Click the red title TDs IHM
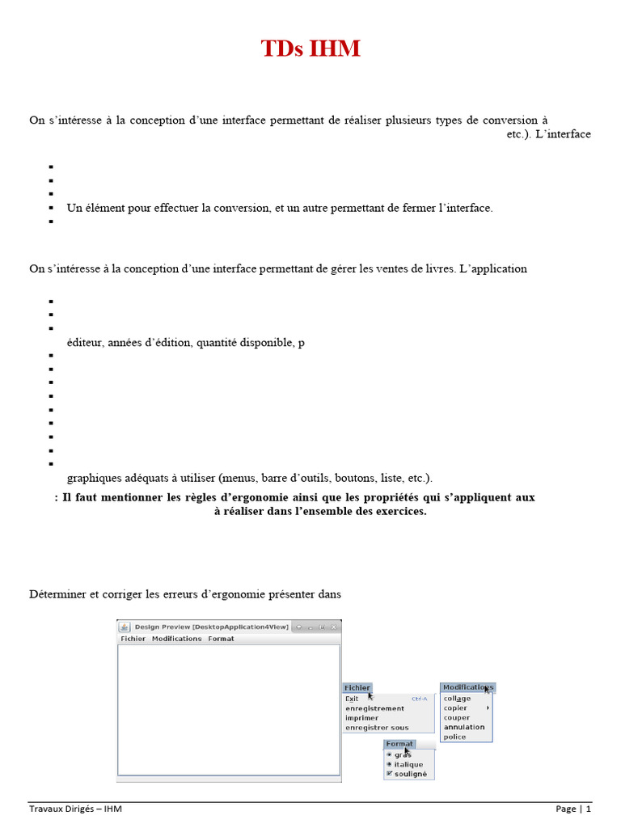coord(310,49)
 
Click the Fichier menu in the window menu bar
coord(133,639)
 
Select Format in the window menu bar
coord(221,639)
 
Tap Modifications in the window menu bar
coord(176,639)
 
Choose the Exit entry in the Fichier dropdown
coord(352,699)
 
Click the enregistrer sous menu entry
coord(377,728)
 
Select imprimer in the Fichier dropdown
coord(361,718)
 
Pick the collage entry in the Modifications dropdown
coord(457,699)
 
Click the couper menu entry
coord(456,717)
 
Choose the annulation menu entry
coord(464,727)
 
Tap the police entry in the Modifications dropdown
coord(454,737)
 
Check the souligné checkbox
coord(390,774)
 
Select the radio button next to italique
coord(390,764)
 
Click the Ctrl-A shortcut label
coord(419,699)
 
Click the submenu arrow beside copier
coord(488,708)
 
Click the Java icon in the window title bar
coord(124,627)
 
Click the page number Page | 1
coord(573,809)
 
